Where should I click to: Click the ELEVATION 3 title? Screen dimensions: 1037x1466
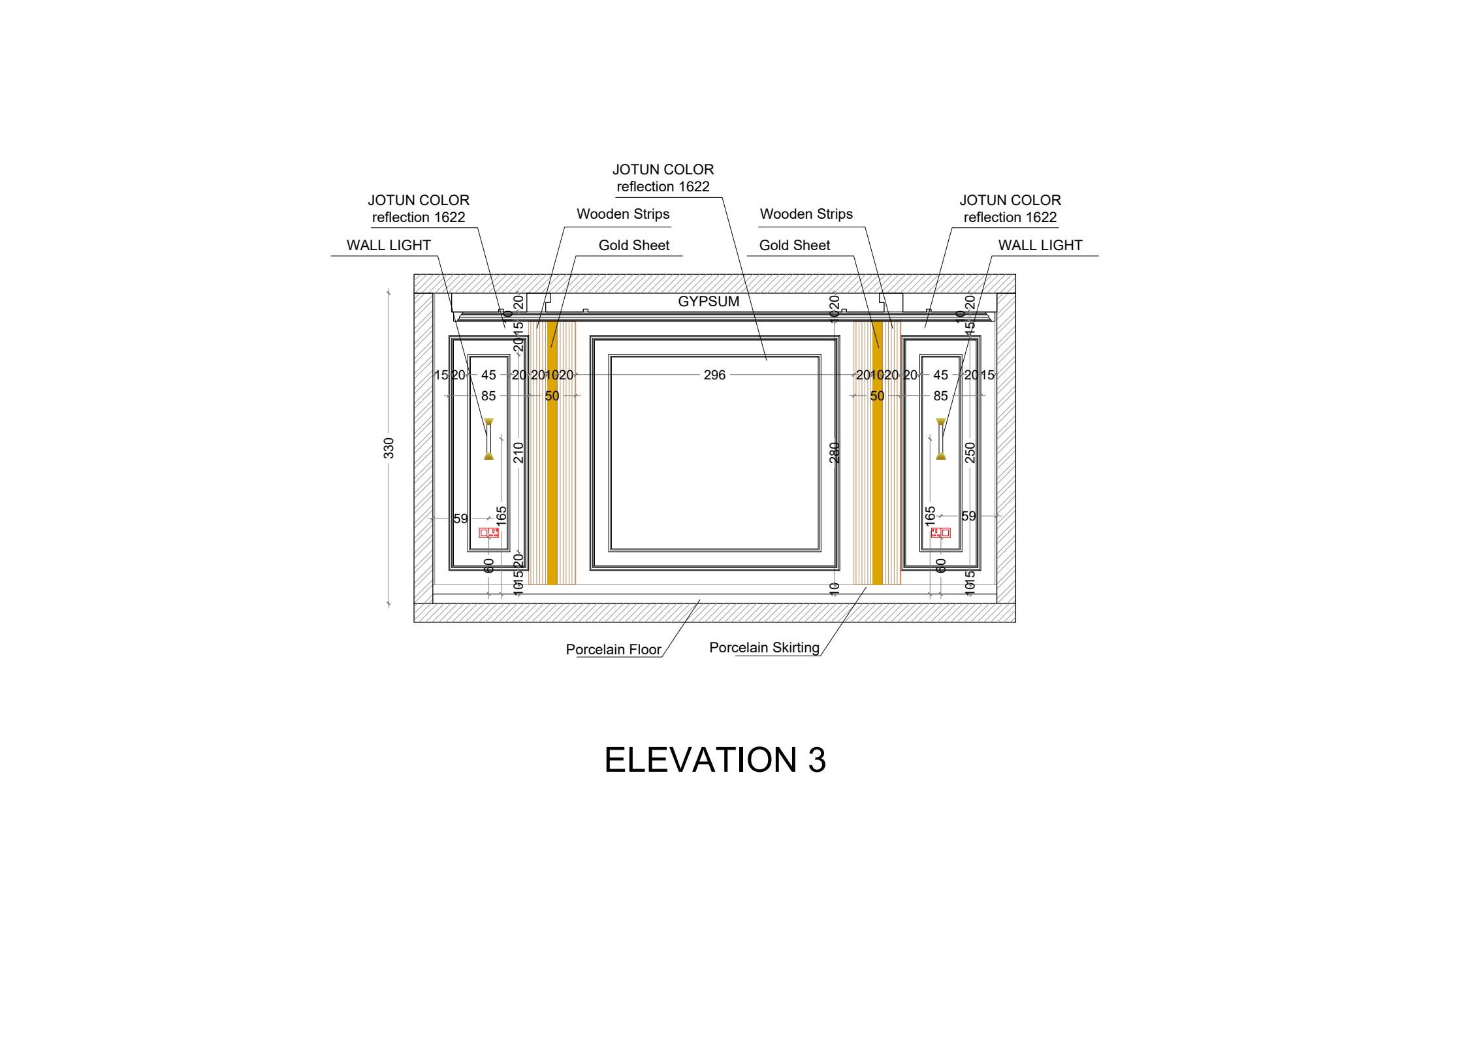[x=715, y=759]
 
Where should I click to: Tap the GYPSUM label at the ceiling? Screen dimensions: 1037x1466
[x=709, y=301]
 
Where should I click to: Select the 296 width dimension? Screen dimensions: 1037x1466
[x=714, y=375]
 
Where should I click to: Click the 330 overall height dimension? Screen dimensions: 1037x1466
[x=389, y=448]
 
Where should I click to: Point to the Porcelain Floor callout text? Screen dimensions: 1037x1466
[x=613, y=649]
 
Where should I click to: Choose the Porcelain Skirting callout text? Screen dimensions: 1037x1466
[x=764, y=647]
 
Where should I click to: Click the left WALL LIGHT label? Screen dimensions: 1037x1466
[x=389, y=245]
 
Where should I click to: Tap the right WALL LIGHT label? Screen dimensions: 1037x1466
[x=1040, y=245]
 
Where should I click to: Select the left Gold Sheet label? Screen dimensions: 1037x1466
[x=633, y=245]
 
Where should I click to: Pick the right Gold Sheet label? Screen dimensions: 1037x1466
[x=794, y=245]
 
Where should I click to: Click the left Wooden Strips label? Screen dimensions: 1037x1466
[x=623, y=214]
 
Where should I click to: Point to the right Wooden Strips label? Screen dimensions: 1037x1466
[x=806, y=214]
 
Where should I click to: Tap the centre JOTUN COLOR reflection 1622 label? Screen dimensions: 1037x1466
[x=663, y=178]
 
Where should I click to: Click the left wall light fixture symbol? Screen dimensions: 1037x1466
[x=488, y=439]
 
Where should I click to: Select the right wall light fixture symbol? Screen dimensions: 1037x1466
[x=940, y=439]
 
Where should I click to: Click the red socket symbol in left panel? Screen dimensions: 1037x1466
[x=489, y=533]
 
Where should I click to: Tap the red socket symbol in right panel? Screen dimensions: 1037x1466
[x=940, y=533]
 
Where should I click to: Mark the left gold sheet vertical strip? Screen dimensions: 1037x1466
[x=552, y=457]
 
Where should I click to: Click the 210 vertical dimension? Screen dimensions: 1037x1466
[x=518, y=452]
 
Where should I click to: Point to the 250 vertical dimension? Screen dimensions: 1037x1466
[x=970, y=452]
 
